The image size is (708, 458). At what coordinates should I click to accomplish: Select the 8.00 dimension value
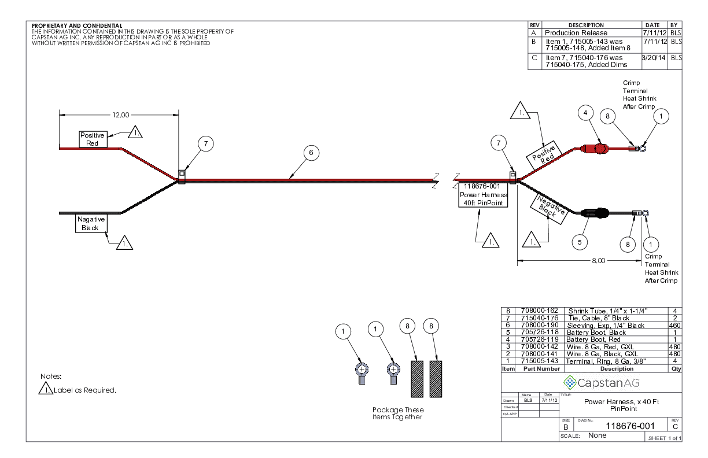point(598,261)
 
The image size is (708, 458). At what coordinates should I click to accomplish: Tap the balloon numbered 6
point(311,153)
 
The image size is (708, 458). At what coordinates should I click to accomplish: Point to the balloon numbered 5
point(580,242)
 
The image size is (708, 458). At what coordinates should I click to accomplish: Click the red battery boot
point(597,149)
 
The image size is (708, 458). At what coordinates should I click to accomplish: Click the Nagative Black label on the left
point(91,223)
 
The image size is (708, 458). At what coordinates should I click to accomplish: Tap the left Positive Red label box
point(92,139)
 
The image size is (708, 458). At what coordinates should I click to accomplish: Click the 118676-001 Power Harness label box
point(483,194)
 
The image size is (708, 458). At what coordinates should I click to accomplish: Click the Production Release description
point(576,33)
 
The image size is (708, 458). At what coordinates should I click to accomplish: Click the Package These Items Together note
point(397,413)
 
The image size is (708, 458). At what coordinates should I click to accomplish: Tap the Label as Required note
point(85,390)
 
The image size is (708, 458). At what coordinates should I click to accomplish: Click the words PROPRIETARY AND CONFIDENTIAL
point(77,25)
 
